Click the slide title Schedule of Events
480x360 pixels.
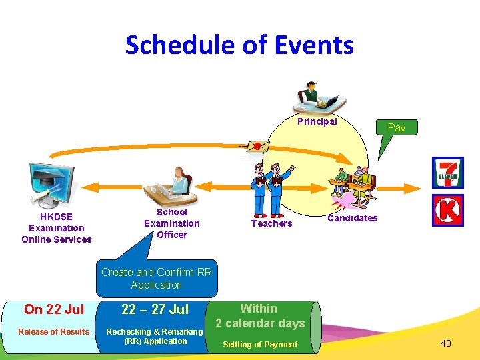pos(239,45)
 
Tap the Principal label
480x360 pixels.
pos(317,121)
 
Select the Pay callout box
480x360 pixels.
pos(396,127)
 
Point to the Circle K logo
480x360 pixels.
pos(447,211)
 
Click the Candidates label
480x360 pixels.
pos(353,218)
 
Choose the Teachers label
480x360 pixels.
pos(271,223)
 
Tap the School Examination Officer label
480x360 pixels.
pos(171,223)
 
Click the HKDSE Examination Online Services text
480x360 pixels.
pos(57,228)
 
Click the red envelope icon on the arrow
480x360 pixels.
pos(256,146)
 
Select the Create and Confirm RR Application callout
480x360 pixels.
pos(157,279)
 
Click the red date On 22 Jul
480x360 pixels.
pos(54,309)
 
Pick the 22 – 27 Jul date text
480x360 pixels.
pos(155,309)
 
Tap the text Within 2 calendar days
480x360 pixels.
pos(259,316)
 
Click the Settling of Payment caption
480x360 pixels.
pos(259,344)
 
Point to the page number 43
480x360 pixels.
pos(445,343)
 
